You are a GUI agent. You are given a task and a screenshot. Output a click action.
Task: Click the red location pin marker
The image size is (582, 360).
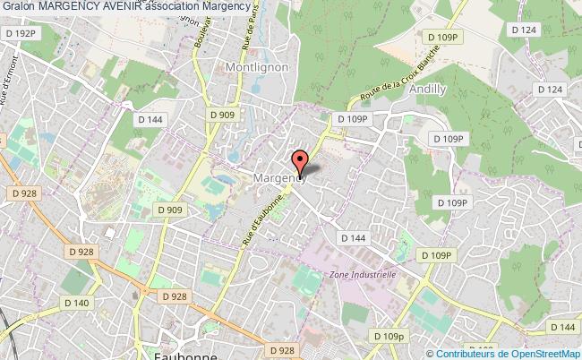click(299, 161)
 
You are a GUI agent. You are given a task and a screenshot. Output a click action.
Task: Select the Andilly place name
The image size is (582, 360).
click(427, 90)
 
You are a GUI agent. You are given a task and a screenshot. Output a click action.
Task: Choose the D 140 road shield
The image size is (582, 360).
click(78, 304)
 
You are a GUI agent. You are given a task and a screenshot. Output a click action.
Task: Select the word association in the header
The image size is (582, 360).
click(169, 6)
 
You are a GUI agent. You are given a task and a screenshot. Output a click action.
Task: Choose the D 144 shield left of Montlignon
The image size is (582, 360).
click(150, 117)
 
